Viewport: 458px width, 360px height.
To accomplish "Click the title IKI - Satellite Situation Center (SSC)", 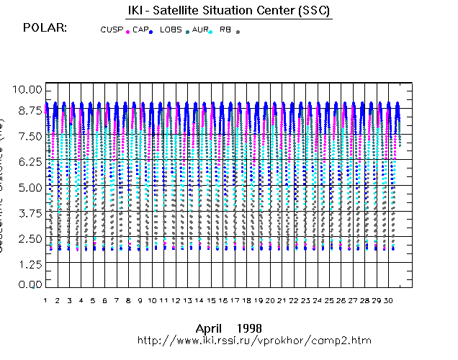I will [225, 11].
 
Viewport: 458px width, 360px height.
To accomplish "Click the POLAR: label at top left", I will [45, 27].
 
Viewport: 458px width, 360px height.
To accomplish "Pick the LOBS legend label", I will [171, 30].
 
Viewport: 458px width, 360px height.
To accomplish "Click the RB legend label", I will [225, 30].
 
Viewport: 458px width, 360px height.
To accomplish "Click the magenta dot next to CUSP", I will [127, 32].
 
